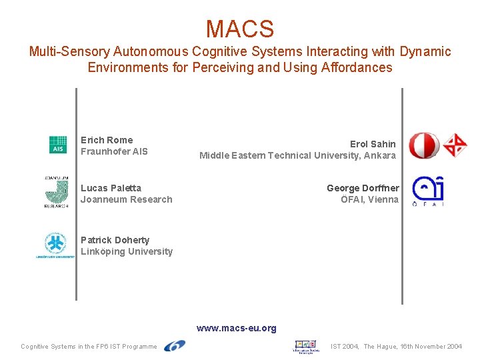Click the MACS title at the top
click(x=239, y=29)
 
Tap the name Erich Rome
click(x=107, y=140)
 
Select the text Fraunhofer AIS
click(x=114, y=151)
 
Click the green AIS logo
click(x=58, y=145)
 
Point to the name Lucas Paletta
click(x=111, y=188)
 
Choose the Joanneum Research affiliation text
click(x=126, y=199)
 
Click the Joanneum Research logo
click(x=57, y=193)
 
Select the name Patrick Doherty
click(x=115, y=240)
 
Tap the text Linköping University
click(x=126, y=251)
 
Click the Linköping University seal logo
click(x=55, y=245)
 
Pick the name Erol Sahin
click(x=373, y=144)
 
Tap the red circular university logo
click(x=423, y=145)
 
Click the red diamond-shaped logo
click(x=455, y=145)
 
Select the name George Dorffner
click(x=363, y=188)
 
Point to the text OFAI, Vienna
click(x=369, y=199)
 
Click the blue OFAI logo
click(x=427, y=191)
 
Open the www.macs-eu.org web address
click(x=236, y=328)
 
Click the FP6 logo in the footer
click(x=175, y=346)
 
